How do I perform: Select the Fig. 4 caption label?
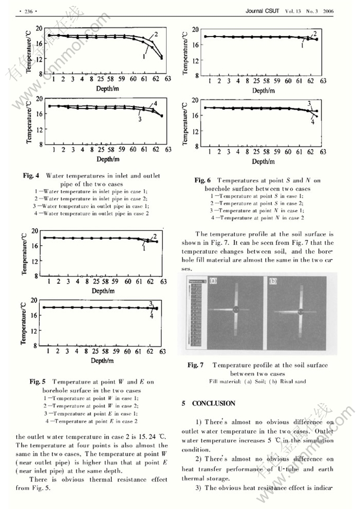click(31, 175)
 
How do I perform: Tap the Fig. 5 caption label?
click(38, 381)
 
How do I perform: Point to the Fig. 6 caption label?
click(203, 181)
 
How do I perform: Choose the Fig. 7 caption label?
click(196, 365)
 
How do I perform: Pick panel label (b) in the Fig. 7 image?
click(273, 281)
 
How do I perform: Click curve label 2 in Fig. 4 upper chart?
click(156, 34)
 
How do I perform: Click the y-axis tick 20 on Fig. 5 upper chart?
click(35, 231)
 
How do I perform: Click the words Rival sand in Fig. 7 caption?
click(293, 381)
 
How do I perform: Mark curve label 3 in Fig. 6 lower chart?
click(309, 103)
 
